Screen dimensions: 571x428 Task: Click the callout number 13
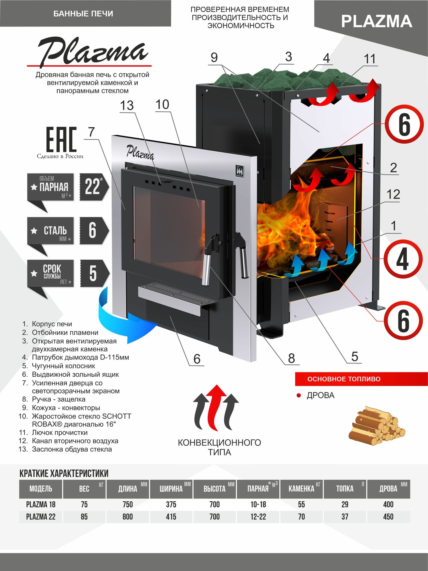click(127, 106)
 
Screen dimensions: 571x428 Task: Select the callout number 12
click(393, 195)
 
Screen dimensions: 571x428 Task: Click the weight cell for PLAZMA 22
click(84, 517)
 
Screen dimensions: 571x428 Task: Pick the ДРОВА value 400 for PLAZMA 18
click(388, 504)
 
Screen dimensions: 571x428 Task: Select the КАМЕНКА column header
click(301, 489)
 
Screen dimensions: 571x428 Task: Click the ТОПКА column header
click(345, 489)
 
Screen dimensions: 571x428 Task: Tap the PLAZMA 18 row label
click(41, 504)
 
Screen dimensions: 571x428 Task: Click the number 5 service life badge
click(94, 273)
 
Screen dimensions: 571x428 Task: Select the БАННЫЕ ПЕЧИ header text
click(83, 14)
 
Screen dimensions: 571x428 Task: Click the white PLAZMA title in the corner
click(376, 21)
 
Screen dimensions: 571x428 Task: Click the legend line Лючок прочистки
click(60, 433)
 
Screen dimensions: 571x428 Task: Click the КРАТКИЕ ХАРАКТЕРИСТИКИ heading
click(64, 473)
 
